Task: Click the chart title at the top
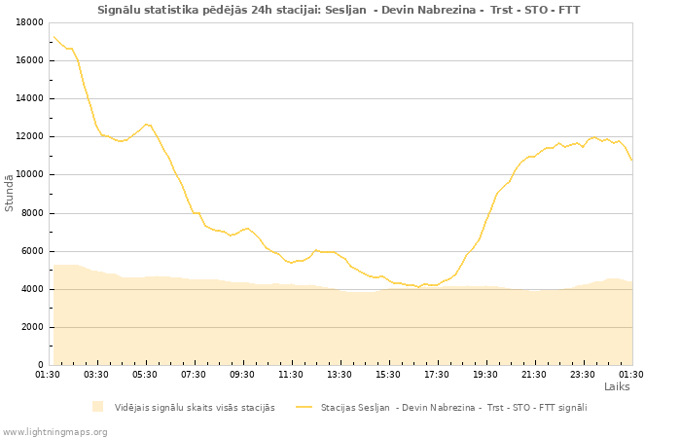pos(339,10)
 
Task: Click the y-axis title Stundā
pos(10,193)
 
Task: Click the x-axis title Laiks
pos(617,386)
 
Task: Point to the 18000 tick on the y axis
pos(29,22)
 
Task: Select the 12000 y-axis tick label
pos(29,136)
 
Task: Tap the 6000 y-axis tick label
pos(32,251)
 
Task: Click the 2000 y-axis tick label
pos(32,327)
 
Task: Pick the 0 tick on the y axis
pos(40,365)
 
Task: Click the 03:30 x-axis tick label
pos(96,374)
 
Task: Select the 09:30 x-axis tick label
pos(242,374)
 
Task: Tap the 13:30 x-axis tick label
pos(340,374)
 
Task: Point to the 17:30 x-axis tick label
pos(437,374)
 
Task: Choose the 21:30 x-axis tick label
pos(534,374)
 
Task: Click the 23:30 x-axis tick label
pos(583,374)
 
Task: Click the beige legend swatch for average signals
pos(97,407)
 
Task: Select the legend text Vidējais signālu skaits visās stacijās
pos(195,407)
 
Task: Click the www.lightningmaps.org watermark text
pos(55,431)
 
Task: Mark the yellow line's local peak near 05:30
pos(146,124)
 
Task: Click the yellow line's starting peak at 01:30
pos(53,36)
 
